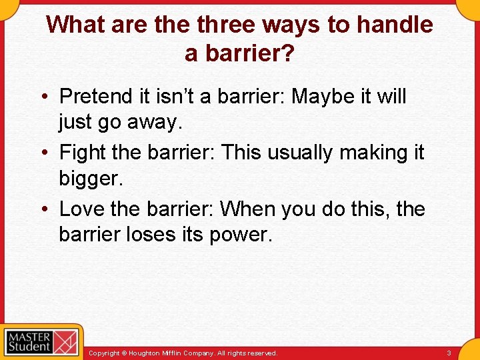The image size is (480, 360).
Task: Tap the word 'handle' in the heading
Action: (395, 25)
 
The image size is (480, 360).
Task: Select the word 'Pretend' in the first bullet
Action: (96, 97)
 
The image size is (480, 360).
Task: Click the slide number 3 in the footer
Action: (449, 353)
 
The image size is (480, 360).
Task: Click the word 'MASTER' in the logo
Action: (29, 335)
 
